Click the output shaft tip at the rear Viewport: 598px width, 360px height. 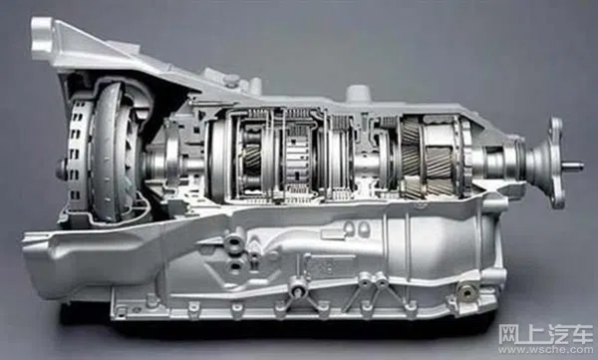(x=575, y=167)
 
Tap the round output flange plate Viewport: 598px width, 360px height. (x=556, y=163)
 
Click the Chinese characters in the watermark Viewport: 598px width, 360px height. (x=546, y=334)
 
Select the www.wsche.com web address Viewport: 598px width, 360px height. (x=546, y=349)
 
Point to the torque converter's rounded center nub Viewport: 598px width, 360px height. (x=62, y=170)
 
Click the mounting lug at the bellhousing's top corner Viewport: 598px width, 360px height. (x=42, y=36)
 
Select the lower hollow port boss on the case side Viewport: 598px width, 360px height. (x=234, y=265)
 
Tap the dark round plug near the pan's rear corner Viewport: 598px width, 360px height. (x=466, y=293)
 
